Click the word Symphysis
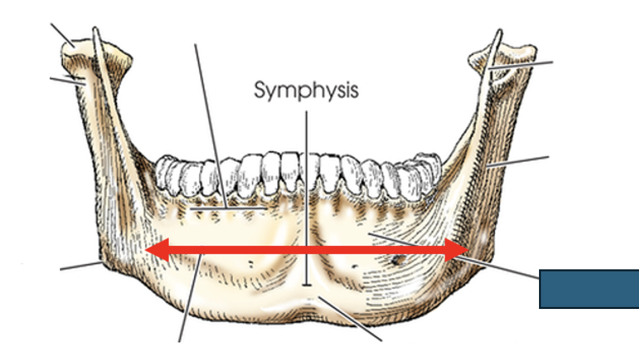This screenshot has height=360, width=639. pos(306,90)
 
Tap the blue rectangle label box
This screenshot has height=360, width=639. pos(589,288)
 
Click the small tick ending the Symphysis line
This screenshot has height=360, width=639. pos(307,285)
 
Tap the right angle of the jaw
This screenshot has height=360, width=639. pos(485,267)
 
